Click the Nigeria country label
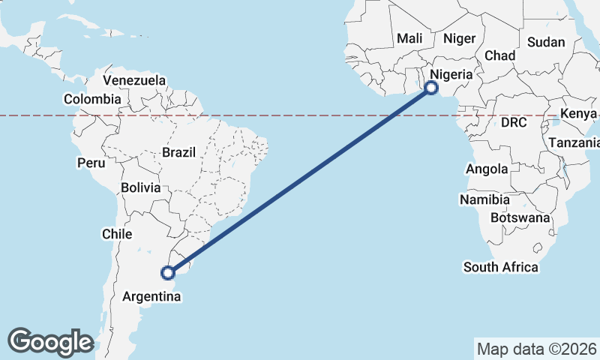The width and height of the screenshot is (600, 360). [450, 74]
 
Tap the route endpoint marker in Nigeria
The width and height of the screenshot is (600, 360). [431, 88]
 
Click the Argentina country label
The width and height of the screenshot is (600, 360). [151, 298]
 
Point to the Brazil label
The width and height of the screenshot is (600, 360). [178, 152]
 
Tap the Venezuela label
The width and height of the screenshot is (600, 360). [134, 80]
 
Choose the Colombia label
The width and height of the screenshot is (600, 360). [92, 99]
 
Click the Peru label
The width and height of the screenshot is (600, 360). [91, 163]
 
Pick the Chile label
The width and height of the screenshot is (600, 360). [117, 234]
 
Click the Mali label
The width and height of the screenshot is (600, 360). [409, 38]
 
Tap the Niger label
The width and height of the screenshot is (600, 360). [459, 38]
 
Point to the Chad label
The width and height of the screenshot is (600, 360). [500, 55]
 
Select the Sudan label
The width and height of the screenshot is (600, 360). [546, 42]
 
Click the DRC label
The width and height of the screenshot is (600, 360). [514, 121]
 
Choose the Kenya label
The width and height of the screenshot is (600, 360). [578, 113]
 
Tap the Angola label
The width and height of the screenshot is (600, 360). [487, 169]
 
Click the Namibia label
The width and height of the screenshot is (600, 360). [485, 200]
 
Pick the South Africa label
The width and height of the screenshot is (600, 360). [500, 267]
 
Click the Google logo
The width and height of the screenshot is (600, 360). [50, 342]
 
